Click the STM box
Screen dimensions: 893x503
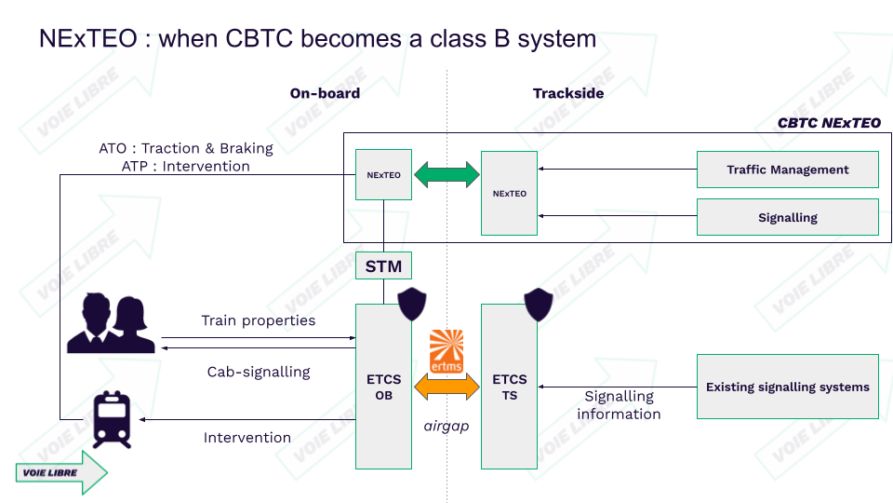[x=383, y=265]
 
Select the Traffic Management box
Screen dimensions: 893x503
[x=788, y=170]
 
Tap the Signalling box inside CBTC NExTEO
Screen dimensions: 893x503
[x=788, y=217]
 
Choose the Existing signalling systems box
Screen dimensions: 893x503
[x=788, y=387]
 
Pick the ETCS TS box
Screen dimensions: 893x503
[x=509, y=387]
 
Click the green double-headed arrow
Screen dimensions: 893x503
[x=446, y=174]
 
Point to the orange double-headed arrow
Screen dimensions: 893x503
[x=446, y=387]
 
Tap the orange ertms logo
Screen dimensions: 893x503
[x=446, y=351]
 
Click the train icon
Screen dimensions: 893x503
[x=113, y=420]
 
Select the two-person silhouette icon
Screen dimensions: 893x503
[x=111, y=323]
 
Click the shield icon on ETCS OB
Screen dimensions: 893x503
[x=412, y=304]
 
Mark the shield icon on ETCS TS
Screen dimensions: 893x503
[x=539, y=304]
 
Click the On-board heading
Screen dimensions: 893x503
[x=325, y=93]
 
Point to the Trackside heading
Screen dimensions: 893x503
[x=568, y=93]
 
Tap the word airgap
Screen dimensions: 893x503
[x=446, y=426]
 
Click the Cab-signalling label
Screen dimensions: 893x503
[x=259, y=372]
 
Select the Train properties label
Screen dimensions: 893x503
[x=259, y=320]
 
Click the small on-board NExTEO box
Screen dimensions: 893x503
[x=383, y=174]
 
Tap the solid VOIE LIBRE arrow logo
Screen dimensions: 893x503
[x=61, y=472]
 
